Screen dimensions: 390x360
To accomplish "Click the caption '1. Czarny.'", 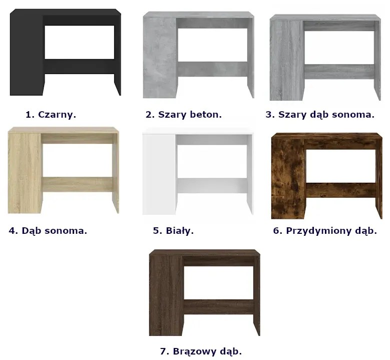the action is (x=51, y=115).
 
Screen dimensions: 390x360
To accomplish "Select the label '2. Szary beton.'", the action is (x=184, y=115).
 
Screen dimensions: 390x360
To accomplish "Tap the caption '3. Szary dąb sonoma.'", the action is (x=320, y=115).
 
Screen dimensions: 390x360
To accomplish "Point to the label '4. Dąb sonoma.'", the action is (x=48, y=231).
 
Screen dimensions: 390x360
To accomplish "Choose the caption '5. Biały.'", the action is (x=173, y=231).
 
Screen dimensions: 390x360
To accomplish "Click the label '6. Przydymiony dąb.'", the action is (x=325, y=231).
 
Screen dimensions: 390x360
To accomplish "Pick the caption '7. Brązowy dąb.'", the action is (x=201, y=351).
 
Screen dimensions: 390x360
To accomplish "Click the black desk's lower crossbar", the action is (x=79, y=67).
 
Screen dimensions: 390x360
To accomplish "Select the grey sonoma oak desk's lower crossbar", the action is (x=339, y=72).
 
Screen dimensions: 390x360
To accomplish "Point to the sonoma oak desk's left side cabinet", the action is (x=25, y=173).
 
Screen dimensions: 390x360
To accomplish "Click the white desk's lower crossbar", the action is (x=212, y=186).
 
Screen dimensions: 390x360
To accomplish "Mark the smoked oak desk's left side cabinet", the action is (x=288, y=179).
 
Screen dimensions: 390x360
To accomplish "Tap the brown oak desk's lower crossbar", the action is (x=218, y=307).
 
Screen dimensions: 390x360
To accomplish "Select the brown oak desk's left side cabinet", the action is (x=166, y=296).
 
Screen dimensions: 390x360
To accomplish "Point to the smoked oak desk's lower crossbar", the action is (x=340, y=190).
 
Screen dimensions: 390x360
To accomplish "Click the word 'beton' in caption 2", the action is (x=206, y=115).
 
